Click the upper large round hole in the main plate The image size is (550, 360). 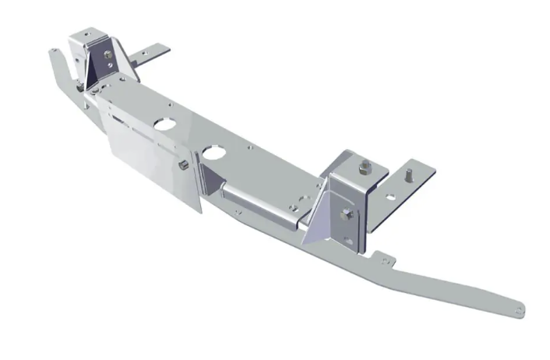pyautogui.click(x=165, y=122)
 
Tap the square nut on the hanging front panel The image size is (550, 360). pyautogui.click(x=182, y=166)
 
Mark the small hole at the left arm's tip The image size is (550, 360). pyautogui.click(x=53, y=51)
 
